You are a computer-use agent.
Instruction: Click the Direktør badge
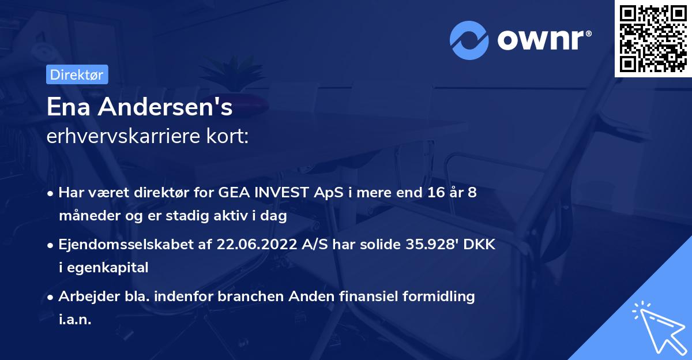[77, 74]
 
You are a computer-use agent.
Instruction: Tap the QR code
[653, 39]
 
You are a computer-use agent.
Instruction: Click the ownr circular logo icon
[469, 40]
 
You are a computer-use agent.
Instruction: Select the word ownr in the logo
[544, 40]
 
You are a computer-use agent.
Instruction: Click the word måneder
[85, 216]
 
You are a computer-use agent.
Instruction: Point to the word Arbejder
[85, 297]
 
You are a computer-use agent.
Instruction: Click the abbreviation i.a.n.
[75, 320]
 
